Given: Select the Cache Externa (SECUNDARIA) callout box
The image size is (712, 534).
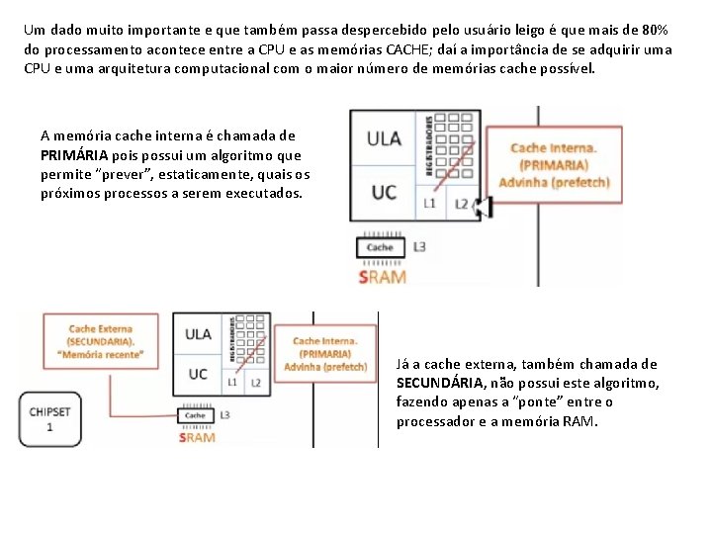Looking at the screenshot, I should coord(101,341).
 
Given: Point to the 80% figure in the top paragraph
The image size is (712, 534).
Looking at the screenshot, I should coord(649,30).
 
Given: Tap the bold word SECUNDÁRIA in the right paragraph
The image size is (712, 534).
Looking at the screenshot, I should coord(442,383).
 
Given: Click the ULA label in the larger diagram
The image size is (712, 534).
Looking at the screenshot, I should coord(384,138).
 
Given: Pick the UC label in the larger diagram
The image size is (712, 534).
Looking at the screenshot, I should coord(384,191).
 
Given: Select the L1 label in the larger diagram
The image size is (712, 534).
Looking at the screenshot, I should coord(429,204).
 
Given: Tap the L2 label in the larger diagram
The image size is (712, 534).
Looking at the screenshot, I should coord(461,204).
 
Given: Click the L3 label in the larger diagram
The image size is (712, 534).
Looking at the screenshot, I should coord(420,246).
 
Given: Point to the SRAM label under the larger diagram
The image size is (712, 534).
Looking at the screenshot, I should coord(382,277).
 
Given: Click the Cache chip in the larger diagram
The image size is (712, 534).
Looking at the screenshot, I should coord(380,247).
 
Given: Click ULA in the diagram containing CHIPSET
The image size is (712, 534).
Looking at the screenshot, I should coord(198,334).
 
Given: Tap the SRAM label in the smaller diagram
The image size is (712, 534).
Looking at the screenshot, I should coord(196,437).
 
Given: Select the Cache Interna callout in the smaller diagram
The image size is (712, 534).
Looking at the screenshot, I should coord(325,353).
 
